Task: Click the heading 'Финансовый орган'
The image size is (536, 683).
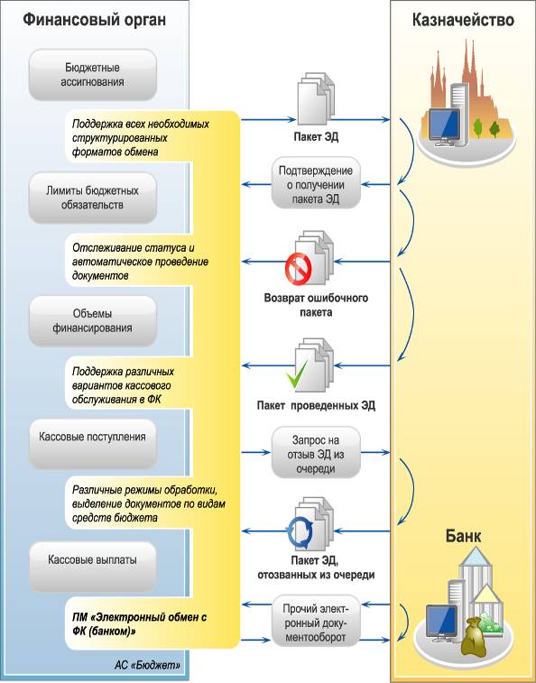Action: point(94,20)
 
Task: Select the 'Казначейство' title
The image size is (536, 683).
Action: point(463,20)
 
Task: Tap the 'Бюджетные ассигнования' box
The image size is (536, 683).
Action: point(92,75)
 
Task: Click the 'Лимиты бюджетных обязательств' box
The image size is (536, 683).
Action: point(92,198)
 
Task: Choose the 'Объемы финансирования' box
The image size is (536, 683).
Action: point(92,321)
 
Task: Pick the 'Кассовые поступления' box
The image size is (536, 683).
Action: point(92,444)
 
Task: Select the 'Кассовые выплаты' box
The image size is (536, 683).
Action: point(92,567)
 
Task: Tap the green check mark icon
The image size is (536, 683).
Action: point(297,374)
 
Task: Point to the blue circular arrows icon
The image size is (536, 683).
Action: point(300,532)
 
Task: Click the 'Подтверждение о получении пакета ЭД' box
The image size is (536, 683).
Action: point(316,183)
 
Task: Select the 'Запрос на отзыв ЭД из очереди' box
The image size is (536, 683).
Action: point(316,453)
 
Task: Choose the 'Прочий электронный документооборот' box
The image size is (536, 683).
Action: point(316,621)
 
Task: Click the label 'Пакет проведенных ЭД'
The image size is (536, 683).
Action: point(316,405)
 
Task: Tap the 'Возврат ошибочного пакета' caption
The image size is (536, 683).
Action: point(316,305)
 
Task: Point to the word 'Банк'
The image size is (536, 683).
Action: point(463,536)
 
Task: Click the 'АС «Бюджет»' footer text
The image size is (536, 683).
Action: point(148,665)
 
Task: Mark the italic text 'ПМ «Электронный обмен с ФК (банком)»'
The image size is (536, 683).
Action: point(140,623)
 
